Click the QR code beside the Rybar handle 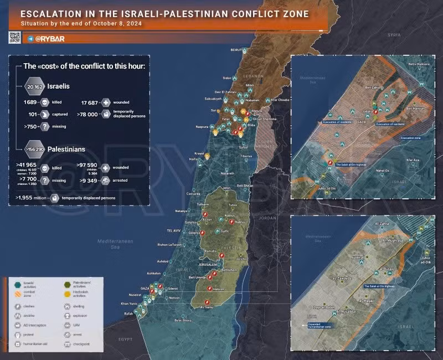pyautogui.click(x=15, y=38)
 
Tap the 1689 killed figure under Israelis pyautogui.click(x=30, y=102)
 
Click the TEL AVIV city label pyautogui.click(x=175, y=230)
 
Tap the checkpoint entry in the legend pyautogui.click(x=81, y=344)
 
